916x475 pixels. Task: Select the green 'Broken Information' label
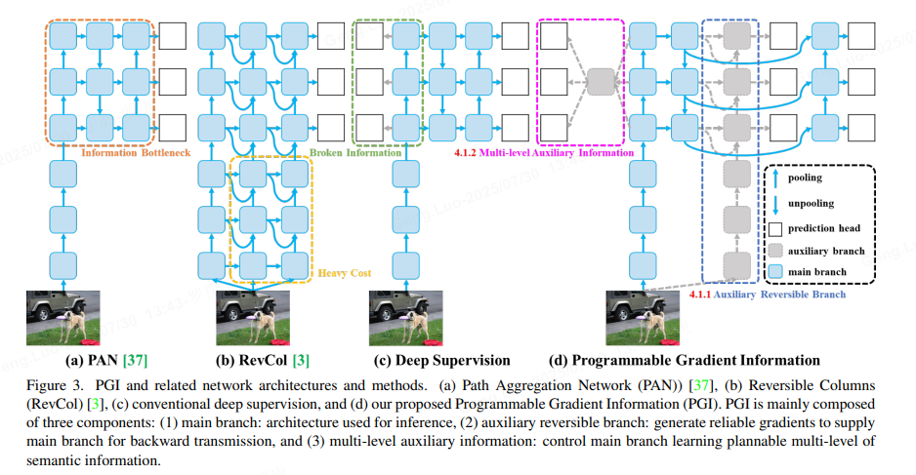coord(355,153)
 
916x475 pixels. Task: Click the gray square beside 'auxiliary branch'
coord(775,250)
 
